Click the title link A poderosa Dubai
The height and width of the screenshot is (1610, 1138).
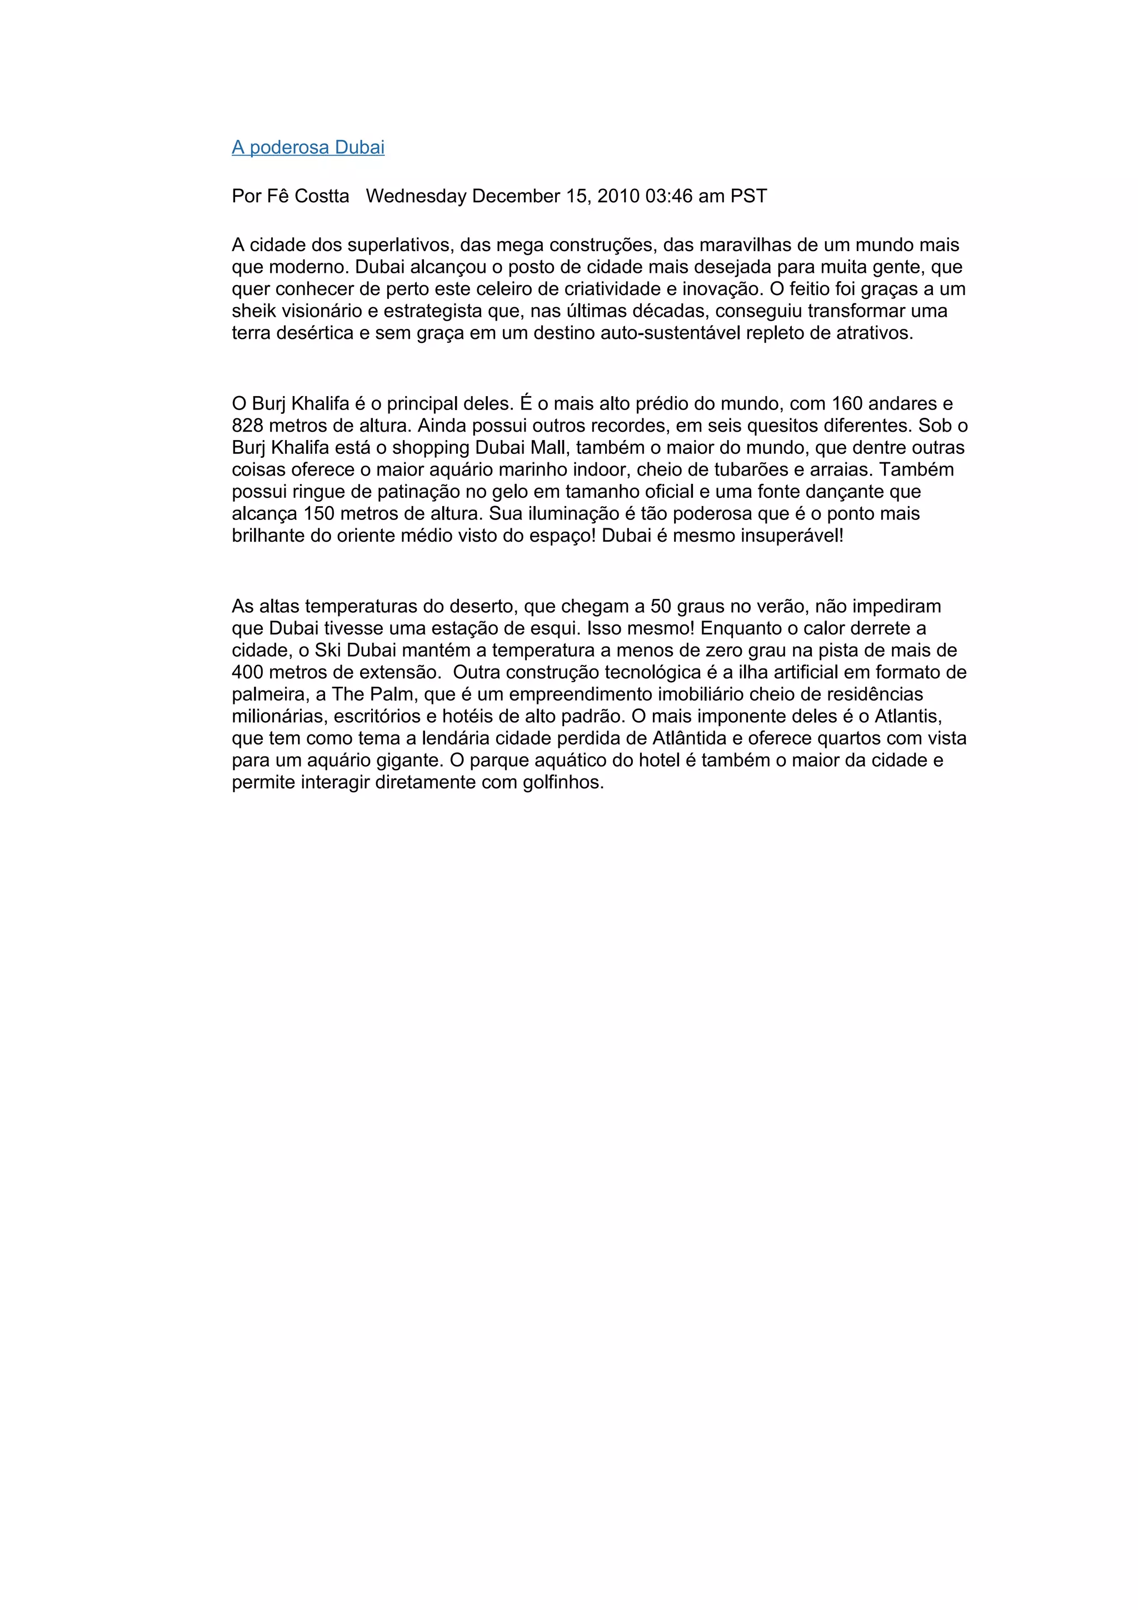[x=308, y=147]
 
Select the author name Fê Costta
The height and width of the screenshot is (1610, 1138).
[x=308, y=196]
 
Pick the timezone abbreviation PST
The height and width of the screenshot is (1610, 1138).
[x=749, y=196]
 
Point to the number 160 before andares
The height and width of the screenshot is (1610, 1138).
[x=847, y=404]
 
